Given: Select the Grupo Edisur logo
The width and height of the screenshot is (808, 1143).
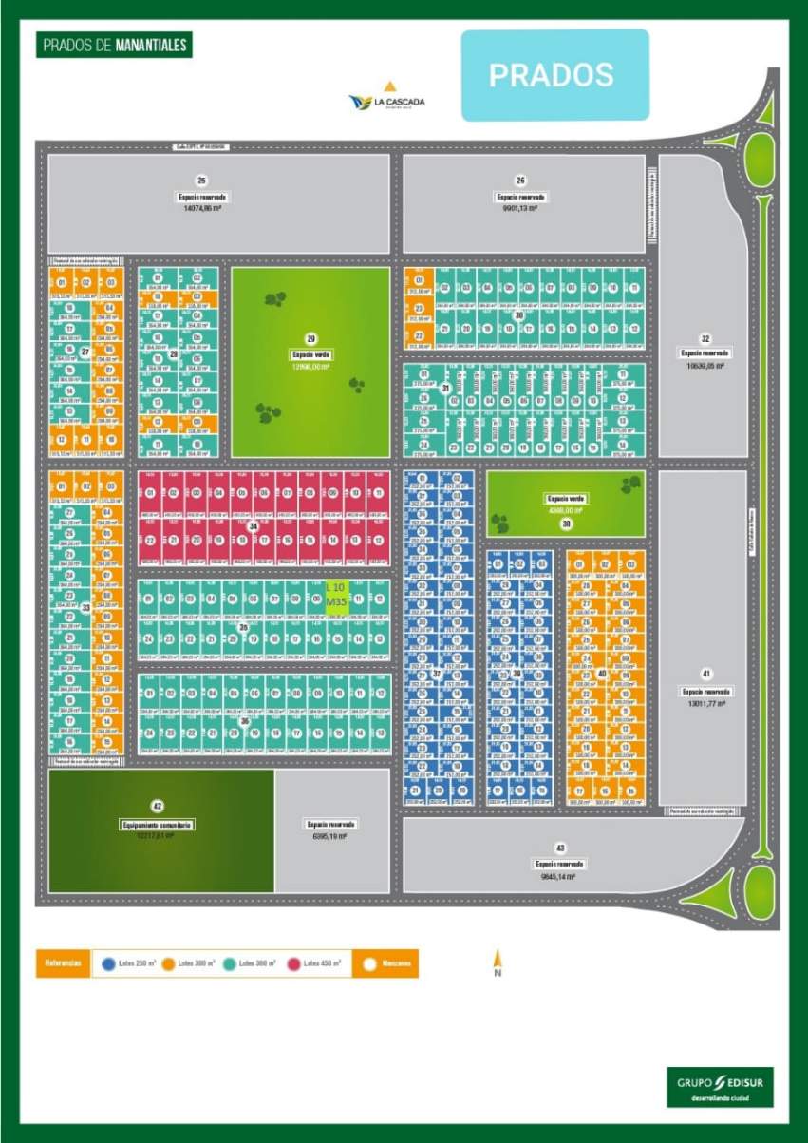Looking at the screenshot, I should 720,1086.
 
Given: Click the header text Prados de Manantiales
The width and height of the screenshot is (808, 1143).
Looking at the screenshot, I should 114,46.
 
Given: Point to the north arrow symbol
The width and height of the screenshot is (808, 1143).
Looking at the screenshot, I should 497,962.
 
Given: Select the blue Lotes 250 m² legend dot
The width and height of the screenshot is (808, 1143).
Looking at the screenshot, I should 109,964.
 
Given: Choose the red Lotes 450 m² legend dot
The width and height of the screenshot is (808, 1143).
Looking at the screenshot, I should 293,964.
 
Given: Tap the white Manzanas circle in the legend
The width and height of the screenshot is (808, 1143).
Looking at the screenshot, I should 369,964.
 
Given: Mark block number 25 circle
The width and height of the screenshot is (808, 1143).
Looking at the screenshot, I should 201,181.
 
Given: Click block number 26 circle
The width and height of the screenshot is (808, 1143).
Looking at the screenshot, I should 520,181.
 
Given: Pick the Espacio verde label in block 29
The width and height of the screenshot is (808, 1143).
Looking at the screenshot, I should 310,354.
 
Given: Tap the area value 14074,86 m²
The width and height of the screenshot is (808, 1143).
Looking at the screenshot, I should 201,206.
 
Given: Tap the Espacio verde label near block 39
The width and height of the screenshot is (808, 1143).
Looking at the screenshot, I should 566,498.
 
